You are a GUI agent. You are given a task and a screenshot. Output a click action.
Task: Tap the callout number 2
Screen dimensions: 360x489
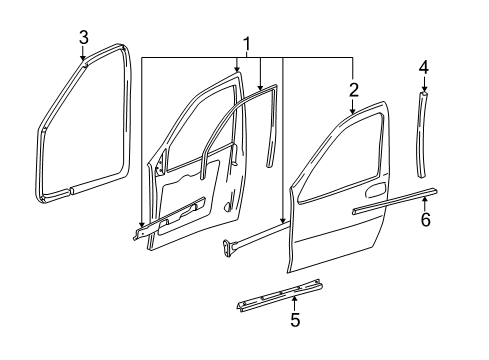click(x=353, y=91)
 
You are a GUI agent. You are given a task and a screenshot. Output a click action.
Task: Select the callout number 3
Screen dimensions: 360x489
click(x=84, y=37)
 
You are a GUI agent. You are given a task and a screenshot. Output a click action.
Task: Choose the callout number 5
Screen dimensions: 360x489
click(x=294, y=348)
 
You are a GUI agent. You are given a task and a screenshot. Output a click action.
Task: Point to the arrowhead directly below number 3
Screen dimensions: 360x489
click(x=84, y=62)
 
